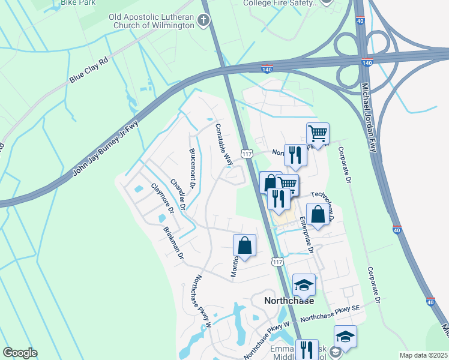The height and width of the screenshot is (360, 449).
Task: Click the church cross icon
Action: point(203,21)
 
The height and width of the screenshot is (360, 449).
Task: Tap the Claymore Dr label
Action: point(161,199)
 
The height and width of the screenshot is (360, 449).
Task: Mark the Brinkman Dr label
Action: point(173,243)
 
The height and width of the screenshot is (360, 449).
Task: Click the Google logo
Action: point(20,353)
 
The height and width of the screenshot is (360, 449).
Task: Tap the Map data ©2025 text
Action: point(423,355)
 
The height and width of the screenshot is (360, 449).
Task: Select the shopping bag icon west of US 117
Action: point(244,245)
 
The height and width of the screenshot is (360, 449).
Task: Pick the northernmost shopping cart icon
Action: point(318,133)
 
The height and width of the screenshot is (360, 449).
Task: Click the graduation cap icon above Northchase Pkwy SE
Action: point(304,284)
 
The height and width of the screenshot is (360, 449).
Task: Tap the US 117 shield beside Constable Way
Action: point(246,153)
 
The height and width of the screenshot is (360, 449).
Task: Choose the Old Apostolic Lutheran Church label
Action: point(152,21)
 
